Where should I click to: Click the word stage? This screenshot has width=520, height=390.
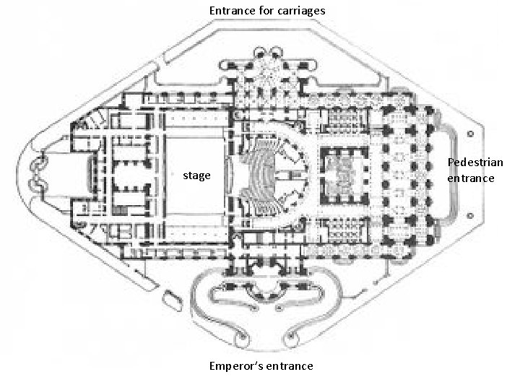pyautogui.click(x=196, y=175)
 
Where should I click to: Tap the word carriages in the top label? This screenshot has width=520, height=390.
pyautogui.click(x=298, y=11)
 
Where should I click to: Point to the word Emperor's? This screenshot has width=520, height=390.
pyautogui.click(x=233, y=365)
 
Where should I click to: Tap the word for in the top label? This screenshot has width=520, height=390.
pyautogui.click(x=265, y=11)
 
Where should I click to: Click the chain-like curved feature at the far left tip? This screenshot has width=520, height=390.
pyautogui.click(x=37, y=173)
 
